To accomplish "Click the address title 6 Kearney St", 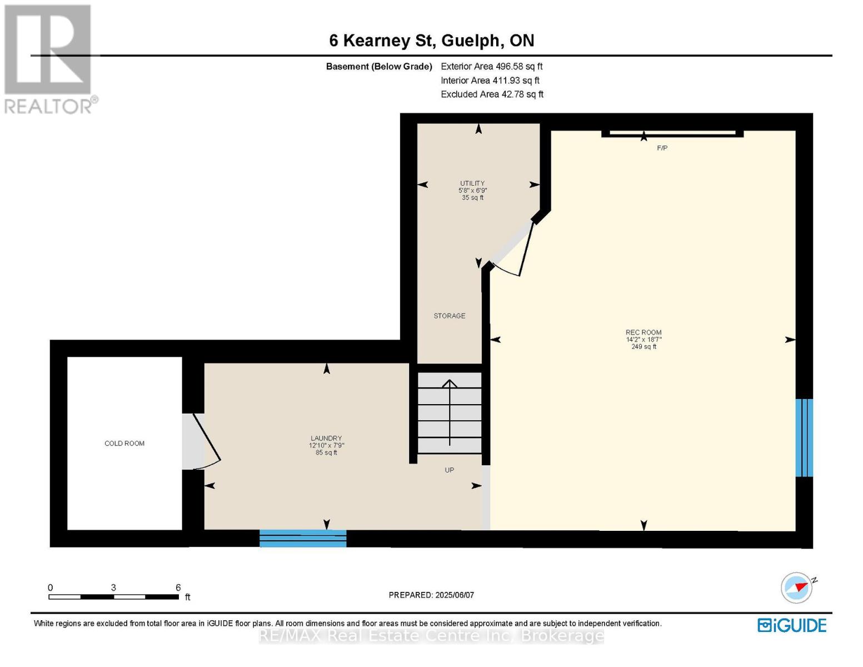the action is tap(381, 41).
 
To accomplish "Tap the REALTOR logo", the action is tap(49, 59).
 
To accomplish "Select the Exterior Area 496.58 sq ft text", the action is tap(491, 66).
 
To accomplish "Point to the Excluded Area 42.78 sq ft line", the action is tap(492, 94).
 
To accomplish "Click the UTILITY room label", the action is tap(472, 183).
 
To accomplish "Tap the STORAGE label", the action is tap(449, 316).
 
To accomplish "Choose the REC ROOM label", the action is tap(643, 332).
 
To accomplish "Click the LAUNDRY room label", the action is tap(326, 438).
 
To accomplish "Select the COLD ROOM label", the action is tap(124, 444).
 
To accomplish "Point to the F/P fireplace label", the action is tap(662, 148).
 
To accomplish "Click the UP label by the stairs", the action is tap(449, 470).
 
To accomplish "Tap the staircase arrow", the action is tap(450, 412).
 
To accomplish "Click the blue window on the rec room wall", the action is tap(804, 437).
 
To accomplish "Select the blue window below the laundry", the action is tap(303, 538).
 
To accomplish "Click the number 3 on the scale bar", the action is tap(113, 588).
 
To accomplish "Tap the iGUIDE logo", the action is tap(792, 626).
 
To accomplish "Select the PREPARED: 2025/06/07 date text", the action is tap(431, 595).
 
